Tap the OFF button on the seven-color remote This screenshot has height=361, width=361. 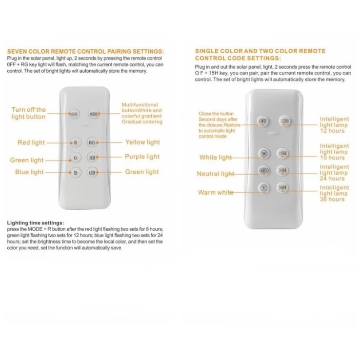75,114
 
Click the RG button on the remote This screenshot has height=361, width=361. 92,143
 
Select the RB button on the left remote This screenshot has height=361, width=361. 92,158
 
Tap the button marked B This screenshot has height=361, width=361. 75,172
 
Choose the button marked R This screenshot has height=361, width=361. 75,143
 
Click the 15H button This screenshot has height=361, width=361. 282,154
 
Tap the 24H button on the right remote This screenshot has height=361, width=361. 282,170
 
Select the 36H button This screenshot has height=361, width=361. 282,188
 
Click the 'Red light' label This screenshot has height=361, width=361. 31,143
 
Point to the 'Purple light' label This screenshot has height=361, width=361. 142,157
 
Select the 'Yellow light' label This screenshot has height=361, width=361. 142,142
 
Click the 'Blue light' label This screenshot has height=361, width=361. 29,172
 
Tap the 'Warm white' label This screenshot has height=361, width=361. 216,193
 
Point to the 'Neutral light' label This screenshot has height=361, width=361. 215,174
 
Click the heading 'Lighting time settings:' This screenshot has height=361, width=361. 36,223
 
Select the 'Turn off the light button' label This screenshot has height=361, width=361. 29,113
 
